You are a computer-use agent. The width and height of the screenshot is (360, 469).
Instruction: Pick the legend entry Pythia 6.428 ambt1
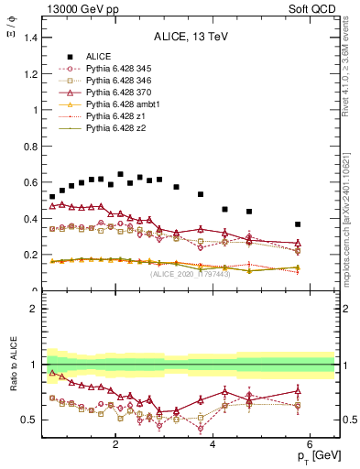coord(116,105)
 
